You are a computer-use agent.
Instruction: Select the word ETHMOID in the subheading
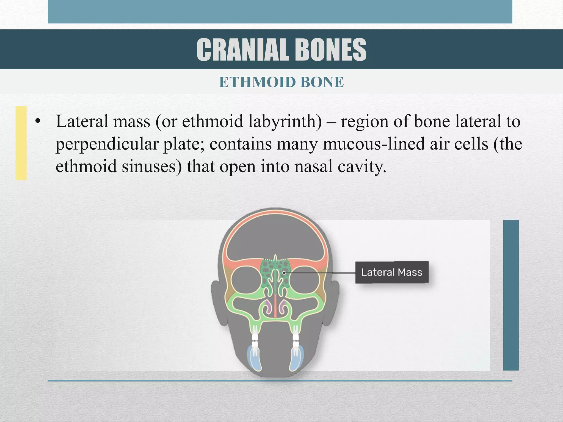(x=257, y=82)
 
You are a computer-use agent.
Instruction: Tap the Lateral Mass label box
(x=392, y=272)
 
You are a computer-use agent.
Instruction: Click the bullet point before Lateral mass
(x=38, y=121)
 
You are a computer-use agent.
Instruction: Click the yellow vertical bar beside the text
(x=21, y=143)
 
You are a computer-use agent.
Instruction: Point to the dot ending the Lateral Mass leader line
(x=284, y=273)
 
